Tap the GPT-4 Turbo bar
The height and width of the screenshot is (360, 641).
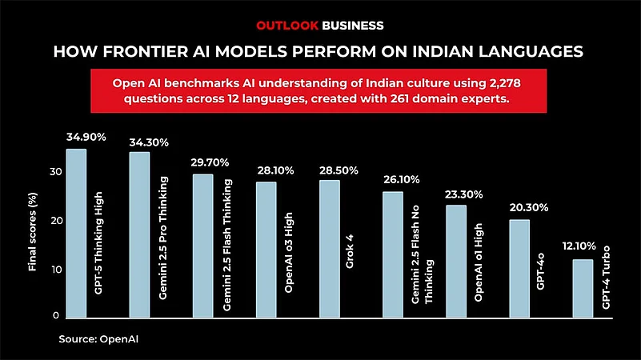click(x=582, y=287)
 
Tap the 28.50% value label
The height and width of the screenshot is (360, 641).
click(x=338, y=171)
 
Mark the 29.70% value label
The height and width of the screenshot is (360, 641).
click(x=211, y=162)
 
